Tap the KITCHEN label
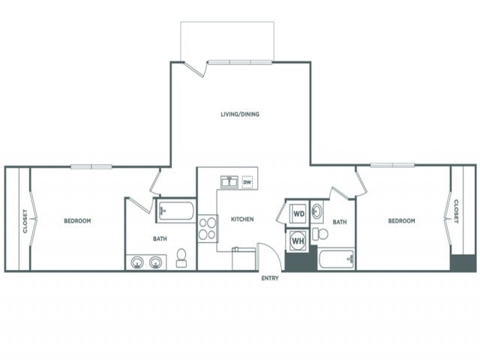pos(241,219)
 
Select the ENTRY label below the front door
pos(269,280)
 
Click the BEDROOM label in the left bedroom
pos(77,220)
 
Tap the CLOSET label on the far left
pos(25,220)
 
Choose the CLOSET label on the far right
pos(455,211)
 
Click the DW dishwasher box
pos(247,181)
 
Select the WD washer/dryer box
pos(298,213)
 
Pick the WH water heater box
pos(298,241)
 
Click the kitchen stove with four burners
pos(207,228)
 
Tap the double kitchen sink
pos(229,181)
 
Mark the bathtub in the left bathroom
pos(175,211)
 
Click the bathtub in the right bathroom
pos(335,259)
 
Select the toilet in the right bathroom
pos(320,234)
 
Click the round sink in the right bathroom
pos(316,211)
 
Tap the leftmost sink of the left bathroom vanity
pos(137,262)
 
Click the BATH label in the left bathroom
pos(160,239)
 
